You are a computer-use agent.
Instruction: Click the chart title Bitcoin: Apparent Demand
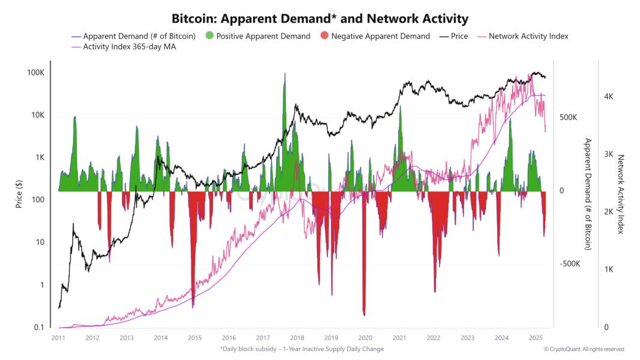(320, 19)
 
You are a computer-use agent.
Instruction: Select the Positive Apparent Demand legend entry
(263, 36)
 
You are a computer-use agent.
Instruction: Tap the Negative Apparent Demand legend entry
(380, 36)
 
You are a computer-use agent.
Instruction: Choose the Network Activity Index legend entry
(528, 36)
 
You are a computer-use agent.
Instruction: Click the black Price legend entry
(459, 36)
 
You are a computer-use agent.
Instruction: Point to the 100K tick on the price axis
(36, 73)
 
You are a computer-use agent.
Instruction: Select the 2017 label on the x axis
(262, 338)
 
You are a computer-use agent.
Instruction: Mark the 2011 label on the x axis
(58, 338)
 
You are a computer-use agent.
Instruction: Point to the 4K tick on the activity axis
(608, 97)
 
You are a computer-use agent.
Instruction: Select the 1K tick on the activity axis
(608, 269)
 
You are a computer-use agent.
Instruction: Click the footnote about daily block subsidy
(302, 349)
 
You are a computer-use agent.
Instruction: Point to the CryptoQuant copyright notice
(584, 349)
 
